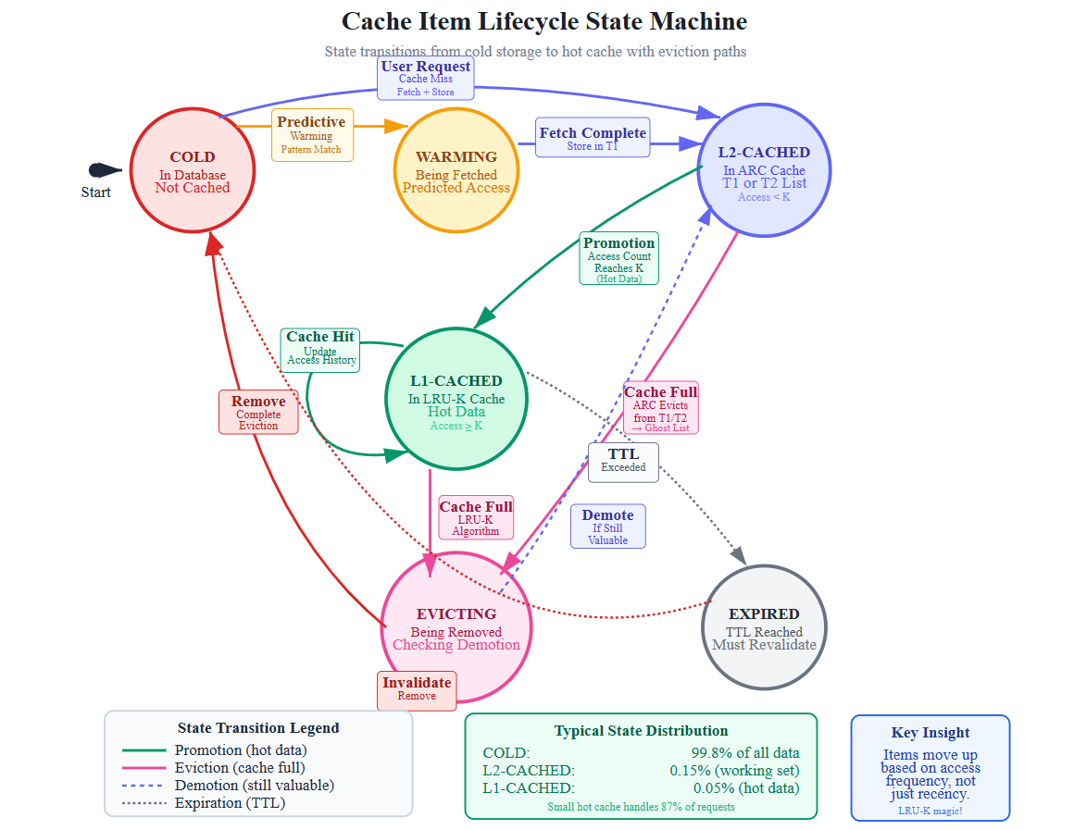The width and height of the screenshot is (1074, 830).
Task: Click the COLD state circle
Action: coord(193,172)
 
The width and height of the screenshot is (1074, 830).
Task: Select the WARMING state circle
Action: coord(456,172)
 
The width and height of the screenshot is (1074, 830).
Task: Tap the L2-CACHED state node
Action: coord(764,172)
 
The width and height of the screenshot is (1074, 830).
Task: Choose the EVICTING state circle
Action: coord(456,627)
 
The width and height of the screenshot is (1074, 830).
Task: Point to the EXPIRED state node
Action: coord(764,627)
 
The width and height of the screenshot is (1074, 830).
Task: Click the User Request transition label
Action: coord(425,79)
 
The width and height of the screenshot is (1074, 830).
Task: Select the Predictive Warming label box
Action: coord(311,135)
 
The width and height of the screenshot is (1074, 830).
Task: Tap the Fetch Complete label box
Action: coord(593,137)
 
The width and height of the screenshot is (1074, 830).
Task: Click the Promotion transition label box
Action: coord(618,258)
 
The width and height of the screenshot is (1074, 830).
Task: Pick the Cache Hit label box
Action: coord(320,350)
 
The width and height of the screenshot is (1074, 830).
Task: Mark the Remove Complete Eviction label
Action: coord(258,412)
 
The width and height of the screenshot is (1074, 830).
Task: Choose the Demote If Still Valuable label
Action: coord(607,526)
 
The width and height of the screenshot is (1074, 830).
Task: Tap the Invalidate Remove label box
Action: coord(417,690)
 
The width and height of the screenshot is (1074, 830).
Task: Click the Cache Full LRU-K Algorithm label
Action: coord(476,518)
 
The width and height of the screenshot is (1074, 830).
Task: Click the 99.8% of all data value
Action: coord(745,752)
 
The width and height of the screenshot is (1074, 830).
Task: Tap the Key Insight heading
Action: coord(930,733)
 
